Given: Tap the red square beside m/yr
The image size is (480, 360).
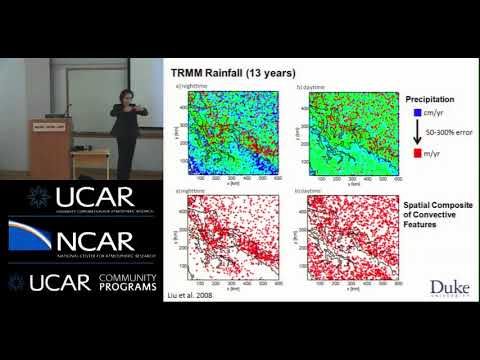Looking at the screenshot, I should tap(410, 155).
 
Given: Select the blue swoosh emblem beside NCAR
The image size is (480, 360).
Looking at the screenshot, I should tap(28, 238).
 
